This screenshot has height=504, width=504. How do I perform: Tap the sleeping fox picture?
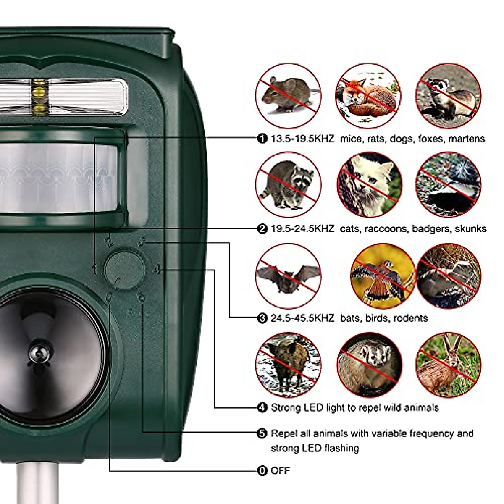coord(367,96)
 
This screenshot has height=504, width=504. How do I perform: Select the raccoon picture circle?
coord(288,184)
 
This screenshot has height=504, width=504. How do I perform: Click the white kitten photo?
coord(370,184)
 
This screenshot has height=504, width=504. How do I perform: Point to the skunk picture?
coord(448,184)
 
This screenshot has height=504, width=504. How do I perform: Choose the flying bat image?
coord(288,276)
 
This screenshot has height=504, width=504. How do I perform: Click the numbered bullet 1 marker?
coord(262,139)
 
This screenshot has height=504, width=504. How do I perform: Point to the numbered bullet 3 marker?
coord(262,318)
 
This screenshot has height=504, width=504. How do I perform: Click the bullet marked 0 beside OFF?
coord(262,471)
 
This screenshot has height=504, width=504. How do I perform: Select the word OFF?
coord(281,471)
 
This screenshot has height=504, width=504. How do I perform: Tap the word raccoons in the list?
coord(386,229)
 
